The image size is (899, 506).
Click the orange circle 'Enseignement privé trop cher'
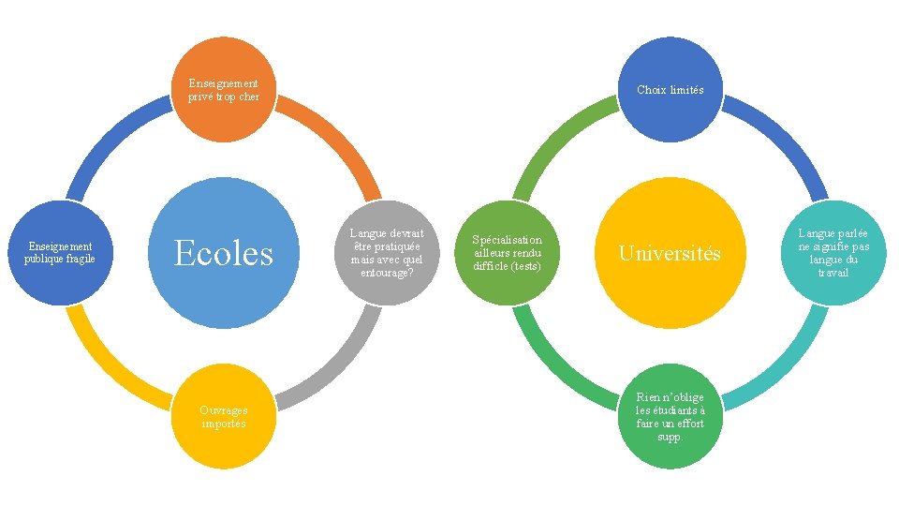[x=223, y=90]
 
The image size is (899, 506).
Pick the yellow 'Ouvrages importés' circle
[x=223, y=416]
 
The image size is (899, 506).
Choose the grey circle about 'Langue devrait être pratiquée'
[x=386, y=252]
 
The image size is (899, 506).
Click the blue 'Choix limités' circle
[x=670, y=90]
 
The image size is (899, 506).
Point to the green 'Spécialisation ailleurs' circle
[x=507, y=252]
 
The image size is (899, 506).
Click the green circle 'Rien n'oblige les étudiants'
[x=670, y=416]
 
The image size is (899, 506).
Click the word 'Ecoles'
[x=223, y=253]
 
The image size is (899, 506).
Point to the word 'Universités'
[x=670, y=253]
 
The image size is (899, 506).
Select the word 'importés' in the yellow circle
[x=223, y=424]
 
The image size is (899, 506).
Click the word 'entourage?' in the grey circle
[x=386, y=273]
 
